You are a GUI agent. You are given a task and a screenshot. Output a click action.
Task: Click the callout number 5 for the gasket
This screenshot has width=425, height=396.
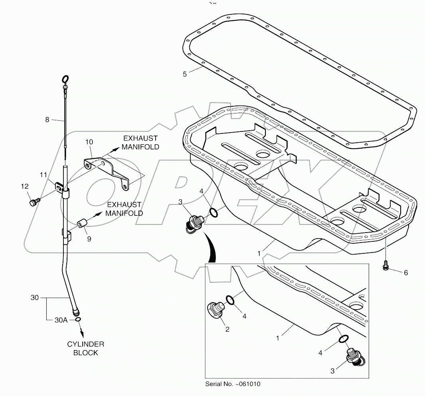(185, 74)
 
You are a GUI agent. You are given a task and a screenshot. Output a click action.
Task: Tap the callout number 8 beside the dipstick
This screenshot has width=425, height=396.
(47, 119)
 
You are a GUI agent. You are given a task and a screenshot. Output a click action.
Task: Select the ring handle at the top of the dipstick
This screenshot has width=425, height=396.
(66, 79)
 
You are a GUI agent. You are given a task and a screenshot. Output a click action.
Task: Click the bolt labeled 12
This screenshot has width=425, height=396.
(33, 202)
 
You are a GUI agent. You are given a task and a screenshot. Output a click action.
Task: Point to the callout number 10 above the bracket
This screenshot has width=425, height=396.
(89, 142)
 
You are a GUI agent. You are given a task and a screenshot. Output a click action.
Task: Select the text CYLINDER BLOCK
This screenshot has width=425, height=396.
(85, 348)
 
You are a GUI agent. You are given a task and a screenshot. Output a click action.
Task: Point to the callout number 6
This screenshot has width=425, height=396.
(406, 273)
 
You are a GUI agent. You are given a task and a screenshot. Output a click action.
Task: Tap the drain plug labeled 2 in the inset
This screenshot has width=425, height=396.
(216, 310)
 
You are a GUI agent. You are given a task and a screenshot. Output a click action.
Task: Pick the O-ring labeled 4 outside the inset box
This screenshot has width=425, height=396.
(213, 213)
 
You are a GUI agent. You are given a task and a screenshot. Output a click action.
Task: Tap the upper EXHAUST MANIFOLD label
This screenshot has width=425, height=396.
(140, 142)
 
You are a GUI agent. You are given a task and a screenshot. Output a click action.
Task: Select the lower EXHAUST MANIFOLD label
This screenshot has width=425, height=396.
(124, 209)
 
